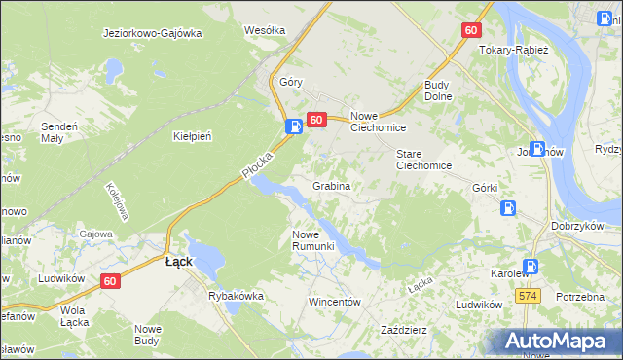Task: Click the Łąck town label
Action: tap(177, 262)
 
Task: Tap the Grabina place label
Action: tap(331, 185)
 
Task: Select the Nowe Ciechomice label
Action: tap(378, 121)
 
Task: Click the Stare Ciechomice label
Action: tap(423, 160)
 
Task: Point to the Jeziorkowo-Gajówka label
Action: tap(152, 32)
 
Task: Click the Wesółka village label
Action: tap(265, 30)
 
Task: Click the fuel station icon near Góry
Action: tap(293, 126)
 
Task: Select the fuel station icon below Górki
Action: tap(507, 207)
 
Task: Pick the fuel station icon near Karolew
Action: tap(531, 266)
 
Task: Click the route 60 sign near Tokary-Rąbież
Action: tap(471, 30)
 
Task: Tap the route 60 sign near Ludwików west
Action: tap(111, 281)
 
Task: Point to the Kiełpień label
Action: tap(192, 136)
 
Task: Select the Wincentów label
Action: tap(335, 302)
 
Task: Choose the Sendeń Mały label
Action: tap(58, 132)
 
